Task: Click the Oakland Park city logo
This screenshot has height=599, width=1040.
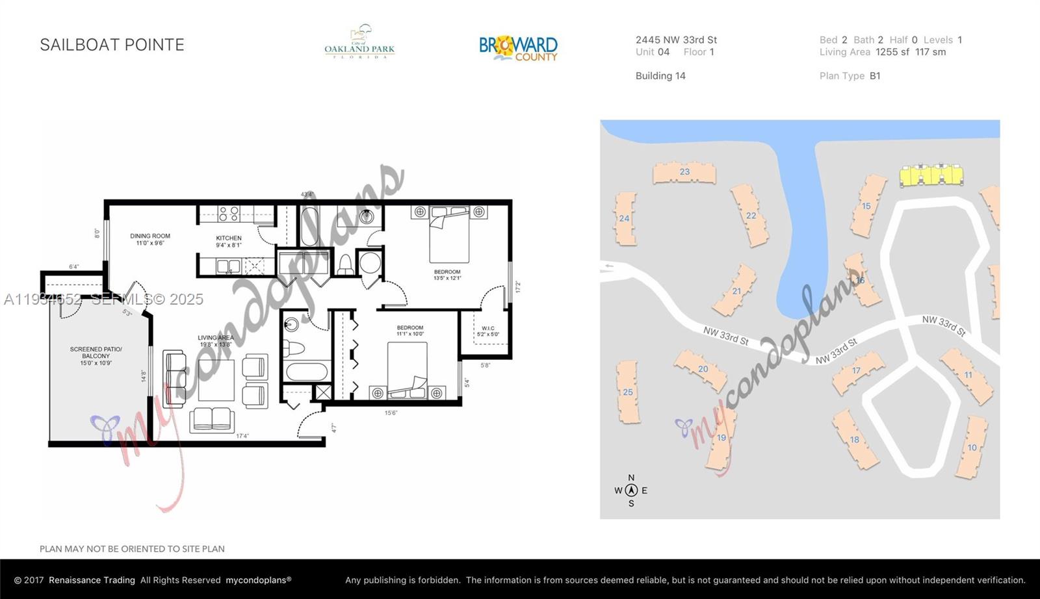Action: click(359, 43)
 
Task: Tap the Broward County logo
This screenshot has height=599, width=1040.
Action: click(518, 48)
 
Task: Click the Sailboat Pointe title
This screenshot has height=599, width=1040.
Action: click(112, 45)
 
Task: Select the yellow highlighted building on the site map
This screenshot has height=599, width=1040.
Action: click(931, 175)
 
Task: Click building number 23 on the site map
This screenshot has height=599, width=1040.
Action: click(684, 172)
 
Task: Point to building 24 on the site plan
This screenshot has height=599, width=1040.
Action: click(625, 218)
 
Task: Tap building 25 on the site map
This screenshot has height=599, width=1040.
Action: click(628, 392)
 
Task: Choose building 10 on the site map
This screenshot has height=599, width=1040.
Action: click(972, 447)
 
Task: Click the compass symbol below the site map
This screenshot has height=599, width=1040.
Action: click(630, 491)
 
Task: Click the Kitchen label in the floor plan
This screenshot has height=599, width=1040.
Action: click(229, 241)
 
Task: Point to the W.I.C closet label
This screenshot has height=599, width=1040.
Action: click(487, 331)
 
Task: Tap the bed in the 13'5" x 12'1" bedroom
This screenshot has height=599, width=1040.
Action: click(448, 234)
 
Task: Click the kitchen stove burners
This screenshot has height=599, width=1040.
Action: click(228, 213)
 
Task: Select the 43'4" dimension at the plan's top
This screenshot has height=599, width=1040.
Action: click(307, 194)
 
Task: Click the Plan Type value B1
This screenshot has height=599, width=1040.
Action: click(875, 76)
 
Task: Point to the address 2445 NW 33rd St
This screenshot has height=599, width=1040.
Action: click(676, 40)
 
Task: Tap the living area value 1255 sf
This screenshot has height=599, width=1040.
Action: click(892, 52)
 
